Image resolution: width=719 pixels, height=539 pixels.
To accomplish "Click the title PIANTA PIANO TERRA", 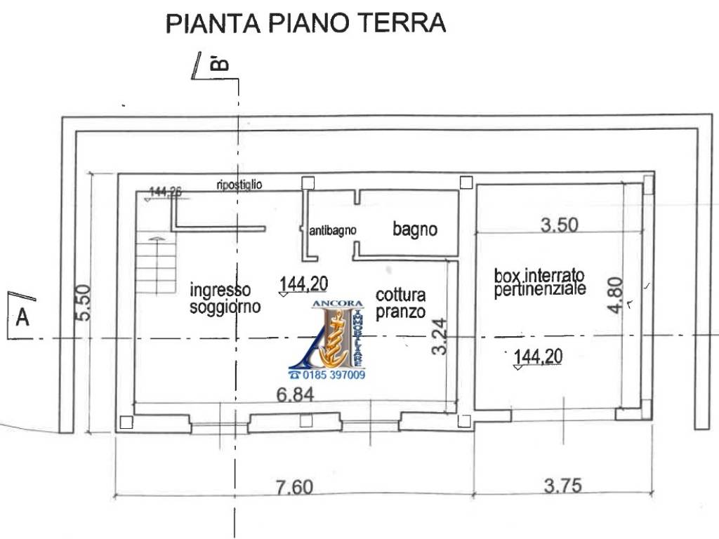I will [x=305, y=23].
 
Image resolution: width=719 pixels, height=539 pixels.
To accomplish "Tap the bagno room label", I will [x=415, y=229].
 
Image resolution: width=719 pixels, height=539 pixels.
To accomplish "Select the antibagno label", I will [x=334, y=229].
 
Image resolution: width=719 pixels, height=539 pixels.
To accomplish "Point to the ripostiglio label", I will [x=239, y=185].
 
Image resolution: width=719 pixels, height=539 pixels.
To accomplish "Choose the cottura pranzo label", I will [x=400, y=303].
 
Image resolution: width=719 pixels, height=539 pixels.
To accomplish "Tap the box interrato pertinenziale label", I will [x=539, y=281].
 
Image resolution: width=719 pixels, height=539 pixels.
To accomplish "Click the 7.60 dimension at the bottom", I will [x=294, y=486].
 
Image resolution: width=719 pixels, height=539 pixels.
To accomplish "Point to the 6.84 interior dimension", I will [x=295, y=394].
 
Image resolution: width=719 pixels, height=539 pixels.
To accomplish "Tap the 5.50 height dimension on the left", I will [x=82, y=302].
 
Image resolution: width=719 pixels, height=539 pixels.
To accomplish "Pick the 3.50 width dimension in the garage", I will [x=559, y=225].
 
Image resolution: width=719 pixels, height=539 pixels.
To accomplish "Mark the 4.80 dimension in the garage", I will [x=615, y=295].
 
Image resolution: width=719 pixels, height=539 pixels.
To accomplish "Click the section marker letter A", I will [x=22, y=318].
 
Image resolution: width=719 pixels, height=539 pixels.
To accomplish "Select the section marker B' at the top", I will [x=220, y=65].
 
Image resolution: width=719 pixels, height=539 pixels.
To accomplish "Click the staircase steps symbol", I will [x=156, y=265].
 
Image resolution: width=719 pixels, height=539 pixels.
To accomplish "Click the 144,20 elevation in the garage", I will [x=538, y=357].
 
